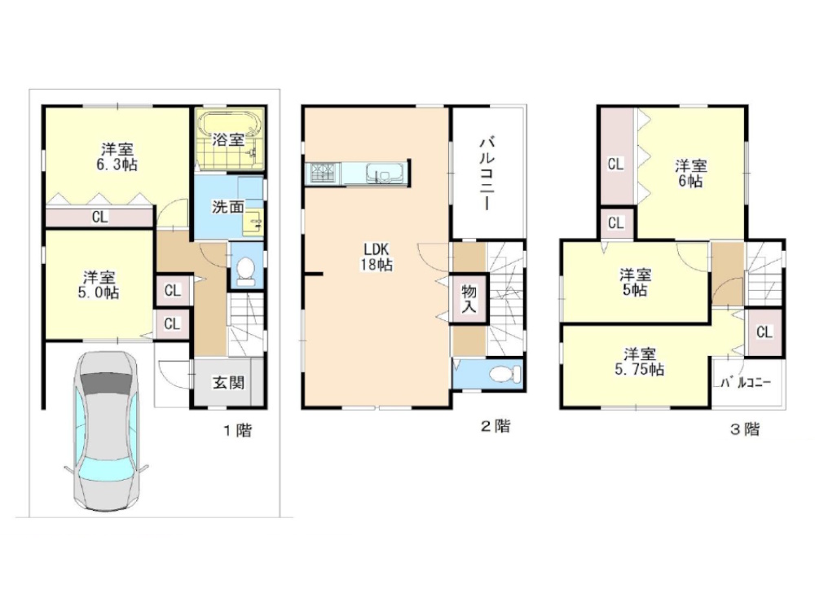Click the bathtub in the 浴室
point(229,125)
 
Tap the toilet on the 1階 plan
point(244,273)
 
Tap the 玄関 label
point(228,384)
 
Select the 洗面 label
point(227,207)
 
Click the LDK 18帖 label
point(377,257)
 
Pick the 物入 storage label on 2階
point(469,300)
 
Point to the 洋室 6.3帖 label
point(118,157)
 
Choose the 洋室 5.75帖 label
point(639,363)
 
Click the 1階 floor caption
point(237,430)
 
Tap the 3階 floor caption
point(745,429)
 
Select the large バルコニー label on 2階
point(487,173)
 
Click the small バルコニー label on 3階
point(746,384)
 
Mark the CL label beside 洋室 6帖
point(615,165)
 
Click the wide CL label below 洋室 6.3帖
point(99,217)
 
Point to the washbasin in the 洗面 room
point(254,223)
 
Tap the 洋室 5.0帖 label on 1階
point(99,284)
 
